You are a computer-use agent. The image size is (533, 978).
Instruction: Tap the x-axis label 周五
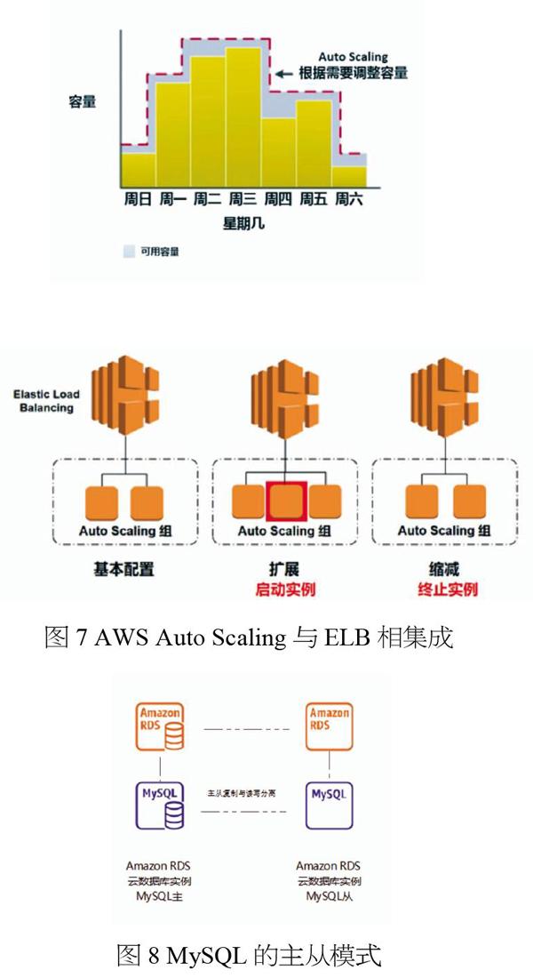314,199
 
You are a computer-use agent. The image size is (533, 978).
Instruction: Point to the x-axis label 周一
173,199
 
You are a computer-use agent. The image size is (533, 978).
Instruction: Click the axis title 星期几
243,223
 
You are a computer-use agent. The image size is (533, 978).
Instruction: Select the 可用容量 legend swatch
128,252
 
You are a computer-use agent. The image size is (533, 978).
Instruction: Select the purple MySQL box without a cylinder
328,792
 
